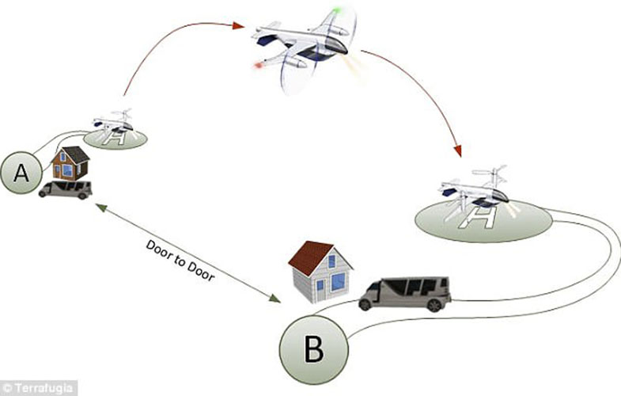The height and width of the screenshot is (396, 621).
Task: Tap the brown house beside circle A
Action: [70, 163]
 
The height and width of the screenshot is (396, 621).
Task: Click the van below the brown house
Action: [65, 189]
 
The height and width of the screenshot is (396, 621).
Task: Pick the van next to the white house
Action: [404, 293]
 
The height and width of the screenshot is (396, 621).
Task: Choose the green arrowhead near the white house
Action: [276, 299]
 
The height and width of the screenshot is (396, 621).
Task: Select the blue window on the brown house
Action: [66, 169]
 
